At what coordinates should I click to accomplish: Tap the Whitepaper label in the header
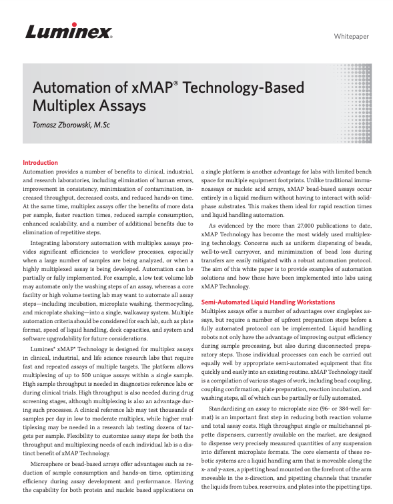[351, 36]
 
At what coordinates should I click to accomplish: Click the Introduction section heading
[40, 163]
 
